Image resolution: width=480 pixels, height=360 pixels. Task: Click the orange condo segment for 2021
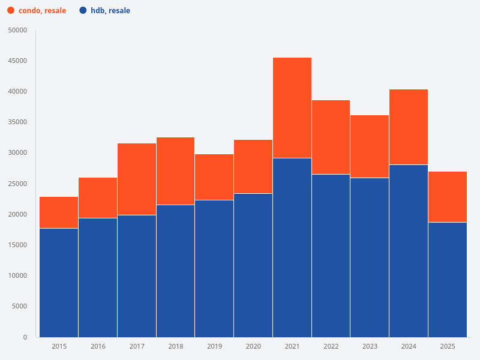(x=292, y=108)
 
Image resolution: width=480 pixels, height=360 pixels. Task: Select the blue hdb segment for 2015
(x=59, y=283)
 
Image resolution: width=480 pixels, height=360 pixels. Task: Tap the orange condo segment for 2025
(x=448, y=197)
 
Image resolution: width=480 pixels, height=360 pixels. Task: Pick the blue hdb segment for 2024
(x=409, y=251)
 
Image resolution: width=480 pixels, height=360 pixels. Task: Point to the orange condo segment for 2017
(x=137, y=179)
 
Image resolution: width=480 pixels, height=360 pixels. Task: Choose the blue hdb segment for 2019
(x=214, y=268)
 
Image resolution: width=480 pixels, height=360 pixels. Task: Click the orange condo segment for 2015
(x=59, y=212)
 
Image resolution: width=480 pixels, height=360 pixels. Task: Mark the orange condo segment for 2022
(x=331, y=137)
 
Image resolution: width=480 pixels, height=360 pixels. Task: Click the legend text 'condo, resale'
(x=42, y=11)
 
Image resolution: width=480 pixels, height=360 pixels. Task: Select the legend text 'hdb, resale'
(x=110, y=11)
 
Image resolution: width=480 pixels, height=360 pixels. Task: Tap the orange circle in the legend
(x=11, y=11)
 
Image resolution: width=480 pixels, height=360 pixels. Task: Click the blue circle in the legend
(x=83, y=11)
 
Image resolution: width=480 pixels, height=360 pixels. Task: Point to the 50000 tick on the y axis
(x=17, y=30)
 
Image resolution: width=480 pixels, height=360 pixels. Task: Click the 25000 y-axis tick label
(x=17, y=184)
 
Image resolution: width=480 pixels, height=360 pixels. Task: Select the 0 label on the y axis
(x=25, y=337)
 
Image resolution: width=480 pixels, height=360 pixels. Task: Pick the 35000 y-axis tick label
(x=17, y=122)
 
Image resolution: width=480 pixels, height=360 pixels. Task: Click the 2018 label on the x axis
(x=176, y=346)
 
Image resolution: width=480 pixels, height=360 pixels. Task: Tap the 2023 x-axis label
(x=370, y=346)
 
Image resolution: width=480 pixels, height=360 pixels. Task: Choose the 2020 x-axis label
(x=253, y=346)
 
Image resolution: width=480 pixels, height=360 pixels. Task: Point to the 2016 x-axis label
(x=98, y=346)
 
